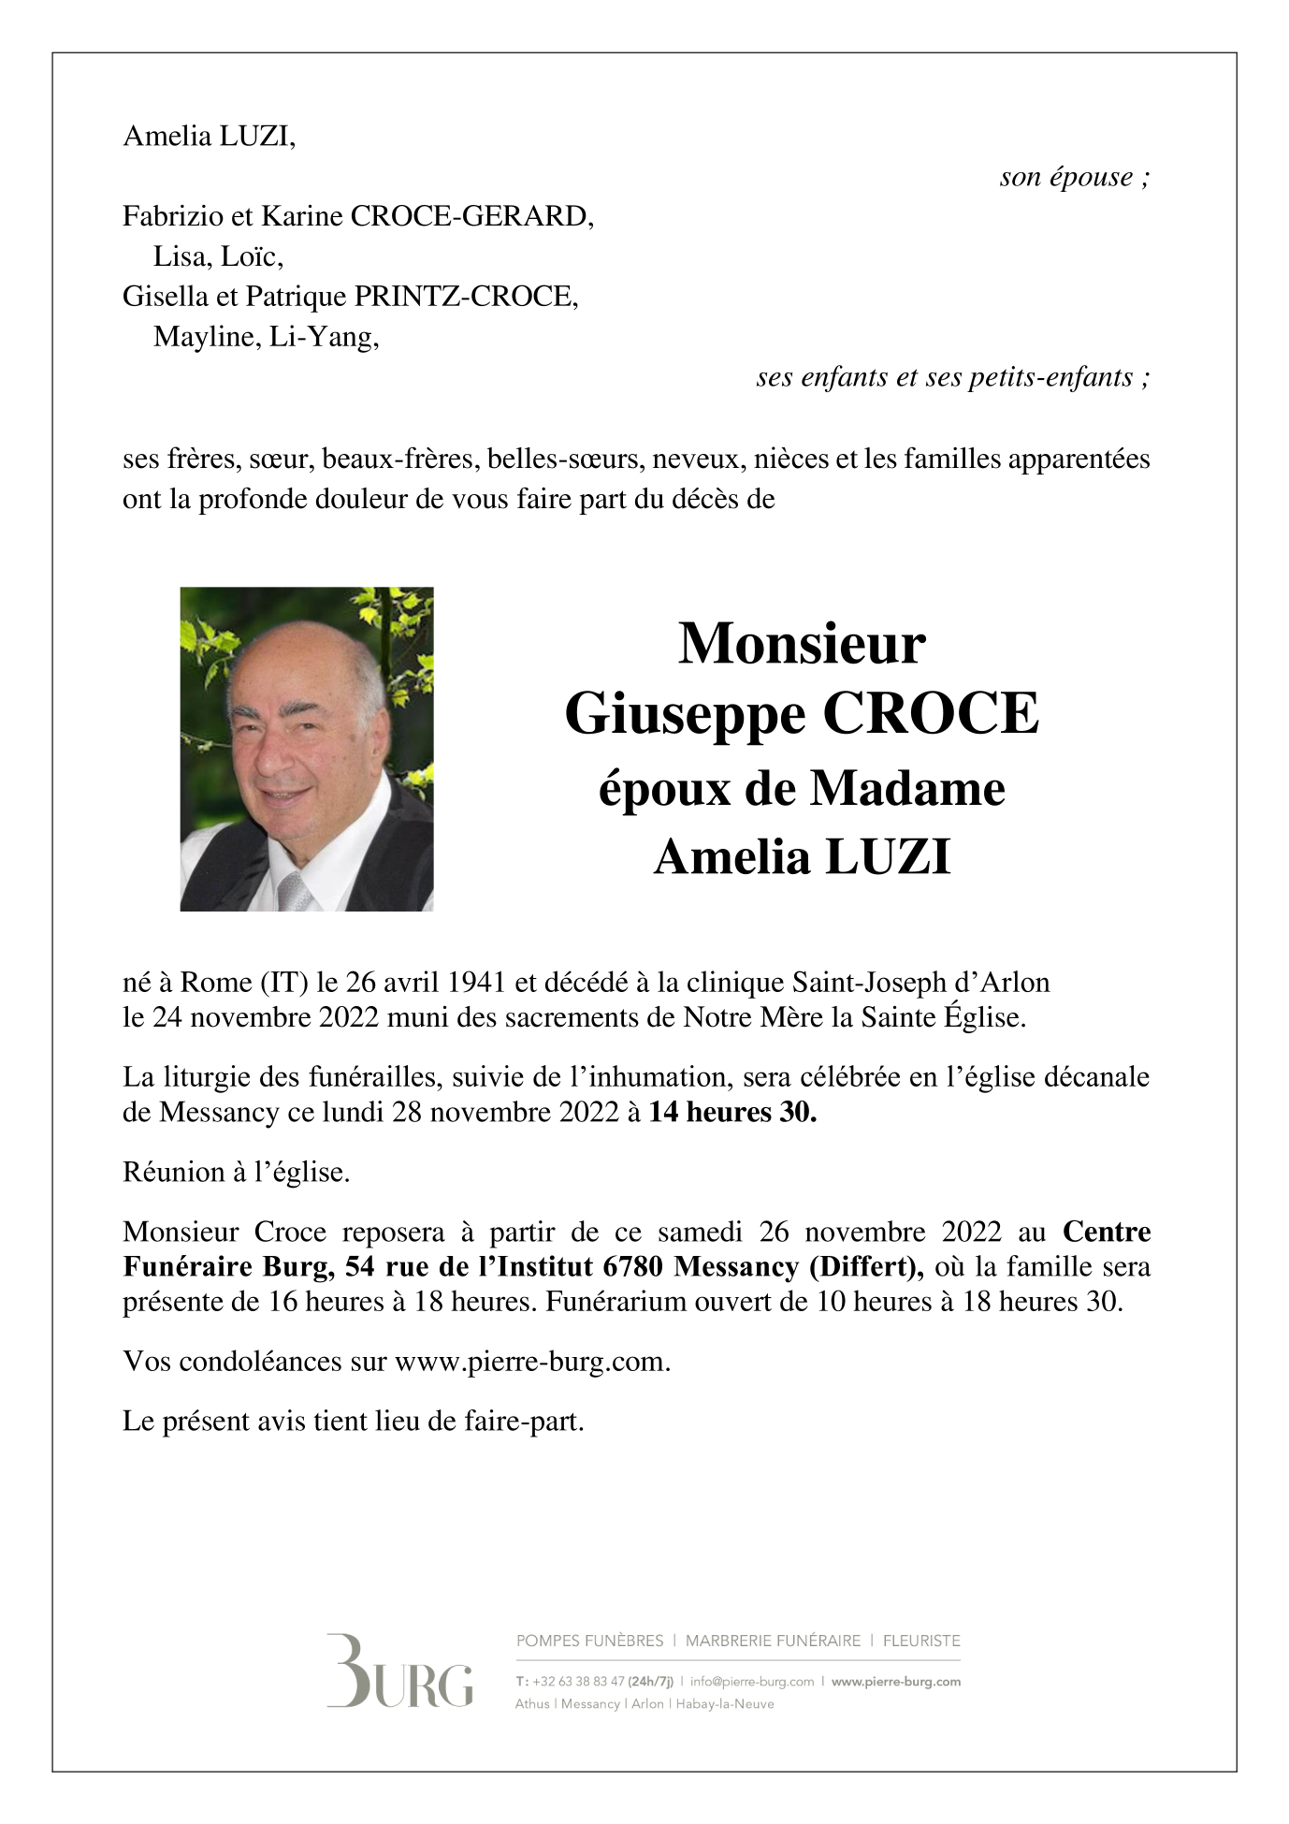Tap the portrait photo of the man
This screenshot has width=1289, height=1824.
pos(307,749)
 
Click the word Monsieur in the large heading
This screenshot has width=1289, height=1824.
pos(802,644)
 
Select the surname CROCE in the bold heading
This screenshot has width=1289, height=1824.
pos(930,714)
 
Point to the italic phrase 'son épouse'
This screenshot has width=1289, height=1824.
pos(1066,177)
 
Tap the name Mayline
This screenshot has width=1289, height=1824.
pos(204,336)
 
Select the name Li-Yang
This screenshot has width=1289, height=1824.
pos(322,336)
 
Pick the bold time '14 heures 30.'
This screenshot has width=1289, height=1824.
pos(732,1112)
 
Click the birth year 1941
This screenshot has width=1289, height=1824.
pos(477,982)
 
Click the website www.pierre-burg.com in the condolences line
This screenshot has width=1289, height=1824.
pos(530,1361)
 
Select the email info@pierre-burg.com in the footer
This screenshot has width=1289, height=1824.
pos(752,1681)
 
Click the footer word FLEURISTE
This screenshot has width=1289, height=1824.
pos(921,1641)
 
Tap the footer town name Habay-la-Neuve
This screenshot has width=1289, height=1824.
pos(725,1703)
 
